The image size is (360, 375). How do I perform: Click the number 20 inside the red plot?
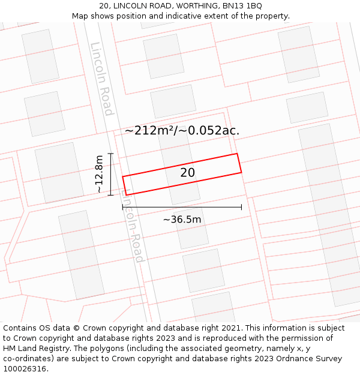pyautogui.click(x=187, y=173)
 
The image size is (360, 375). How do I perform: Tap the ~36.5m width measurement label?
pyautogui.click(x=182, y=220)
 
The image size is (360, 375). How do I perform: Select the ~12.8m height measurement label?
pyautogui.click(x=99, y=174)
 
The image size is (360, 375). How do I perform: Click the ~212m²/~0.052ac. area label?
pyautogui.click(x=182, y=130)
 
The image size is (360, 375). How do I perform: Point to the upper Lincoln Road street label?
pyautogui.click(x=101, y=79)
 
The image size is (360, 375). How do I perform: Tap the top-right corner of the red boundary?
pyautogui.click(x=237, y=154)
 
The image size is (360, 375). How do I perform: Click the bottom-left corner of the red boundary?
pyautogui.click(x=126, y=195)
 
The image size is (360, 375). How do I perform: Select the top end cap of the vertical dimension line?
pyautogui.click(x=110, y=154)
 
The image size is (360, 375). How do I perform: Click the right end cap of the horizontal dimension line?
pyautogui.click(x=241, y=207)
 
